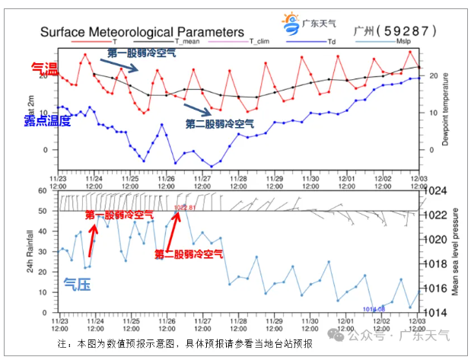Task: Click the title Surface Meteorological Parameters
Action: pos(142,32)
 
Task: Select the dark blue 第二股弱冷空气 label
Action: pos(220,123)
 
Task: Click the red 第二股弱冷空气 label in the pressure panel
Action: pos(188,253)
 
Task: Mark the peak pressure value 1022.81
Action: pos(185,207)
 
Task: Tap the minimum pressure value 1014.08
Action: pos(374,308)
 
